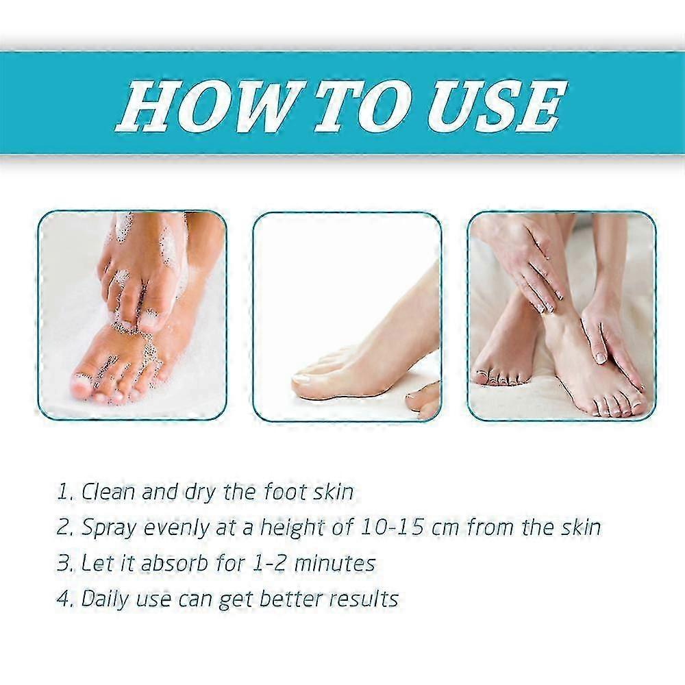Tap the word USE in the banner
coord(498,106)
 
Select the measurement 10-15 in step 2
coord(391,527)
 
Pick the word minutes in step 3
coord(335,564)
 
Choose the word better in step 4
coord(289,599)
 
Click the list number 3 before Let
coord(62,564)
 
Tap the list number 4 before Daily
coord(63,599)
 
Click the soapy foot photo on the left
coord(132,315)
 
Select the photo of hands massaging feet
coord(562,315)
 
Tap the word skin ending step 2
coord(580,527)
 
